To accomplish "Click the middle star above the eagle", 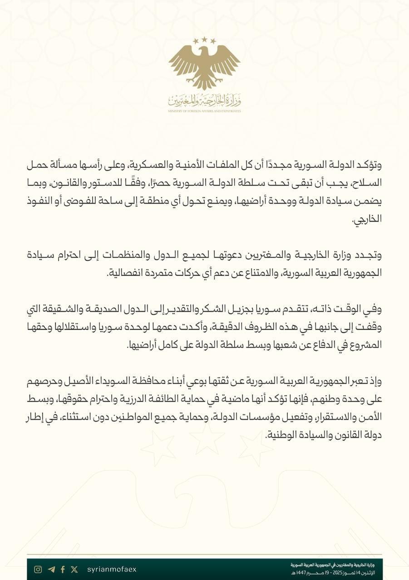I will pyautogui.click(x=204, y=39).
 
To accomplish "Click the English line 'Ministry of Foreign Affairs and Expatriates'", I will pyautogui.click(x=204, y=111).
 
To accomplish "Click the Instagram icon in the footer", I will pyautogui.click(x=39, y=569).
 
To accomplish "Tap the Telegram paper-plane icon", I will pyautogui.click(x=51, y=569).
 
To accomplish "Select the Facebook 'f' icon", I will pyautogui.click(x=63, y=569).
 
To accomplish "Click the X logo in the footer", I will pyautogui.click(x=74, y=569).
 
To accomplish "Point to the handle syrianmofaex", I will pyautogui.click(x=111, y=569).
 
